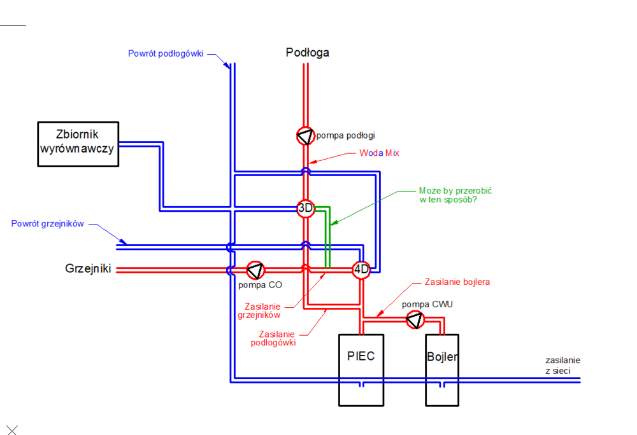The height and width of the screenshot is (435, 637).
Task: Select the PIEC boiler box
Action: tap(361, 369)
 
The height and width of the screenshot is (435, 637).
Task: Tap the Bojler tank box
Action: tap(443, 369)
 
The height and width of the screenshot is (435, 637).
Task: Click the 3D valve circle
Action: tap(306, 208)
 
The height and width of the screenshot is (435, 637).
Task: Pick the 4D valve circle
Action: tap(361, 270)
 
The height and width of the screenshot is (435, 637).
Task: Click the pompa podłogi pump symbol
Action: tap(306, 135)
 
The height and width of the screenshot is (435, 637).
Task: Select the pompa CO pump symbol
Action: tap(255, 270)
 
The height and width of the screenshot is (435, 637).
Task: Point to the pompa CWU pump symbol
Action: tap(415, 319)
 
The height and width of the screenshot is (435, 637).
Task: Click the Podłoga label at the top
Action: tap(307, 53)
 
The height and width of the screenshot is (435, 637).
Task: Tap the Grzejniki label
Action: tap(88, 269)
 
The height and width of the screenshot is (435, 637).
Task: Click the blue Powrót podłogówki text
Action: tap(166, 53)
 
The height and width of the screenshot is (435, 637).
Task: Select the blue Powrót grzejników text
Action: tap(48, 224)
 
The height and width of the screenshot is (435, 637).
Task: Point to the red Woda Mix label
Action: tap(379, 153)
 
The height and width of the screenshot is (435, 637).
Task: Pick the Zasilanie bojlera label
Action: tap(457, 282)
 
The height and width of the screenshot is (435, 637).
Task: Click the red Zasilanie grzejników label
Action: tap(262, 310)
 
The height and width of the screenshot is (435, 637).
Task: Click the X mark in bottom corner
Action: tap(11, 430)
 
